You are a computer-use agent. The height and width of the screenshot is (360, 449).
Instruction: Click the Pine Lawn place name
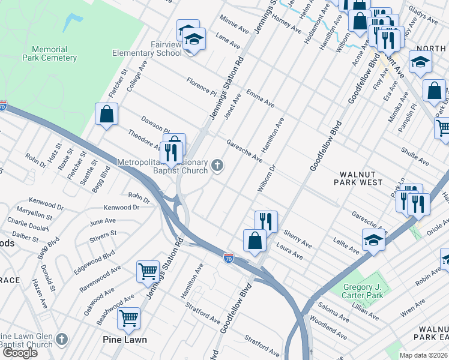point(124,339)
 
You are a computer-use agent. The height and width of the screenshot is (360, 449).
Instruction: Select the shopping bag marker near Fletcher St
point(106,114)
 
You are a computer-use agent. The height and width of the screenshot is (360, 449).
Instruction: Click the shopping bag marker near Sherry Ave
point(255,241)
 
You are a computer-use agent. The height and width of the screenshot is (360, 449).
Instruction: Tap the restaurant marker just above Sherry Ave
point(266,221)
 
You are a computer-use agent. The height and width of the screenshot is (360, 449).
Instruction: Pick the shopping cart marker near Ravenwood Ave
point(148,271)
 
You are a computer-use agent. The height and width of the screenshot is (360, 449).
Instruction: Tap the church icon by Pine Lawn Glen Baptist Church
point(61,340)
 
